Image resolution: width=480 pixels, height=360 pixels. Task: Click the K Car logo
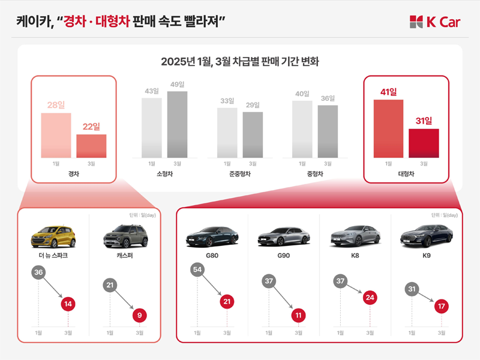435,22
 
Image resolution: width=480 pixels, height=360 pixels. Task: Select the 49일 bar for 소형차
177,124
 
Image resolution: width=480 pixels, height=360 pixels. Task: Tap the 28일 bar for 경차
56,135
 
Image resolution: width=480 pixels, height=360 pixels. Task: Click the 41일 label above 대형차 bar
388,92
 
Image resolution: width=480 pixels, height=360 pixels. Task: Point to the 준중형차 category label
239,174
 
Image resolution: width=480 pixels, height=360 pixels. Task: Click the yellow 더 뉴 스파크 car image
53,236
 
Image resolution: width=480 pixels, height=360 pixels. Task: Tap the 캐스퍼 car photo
125,236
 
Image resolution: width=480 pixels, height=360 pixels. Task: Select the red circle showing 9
139,315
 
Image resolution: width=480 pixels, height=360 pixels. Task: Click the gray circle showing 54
197,270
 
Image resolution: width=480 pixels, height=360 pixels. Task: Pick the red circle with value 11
298,315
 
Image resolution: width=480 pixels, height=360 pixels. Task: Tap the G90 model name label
283,255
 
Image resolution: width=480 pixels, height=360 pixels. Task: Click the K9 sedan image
426,236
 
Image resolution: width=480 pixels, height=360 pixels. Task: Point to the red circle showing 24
370,297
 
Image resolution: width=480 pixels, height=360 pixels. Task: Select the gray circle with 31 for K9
412,289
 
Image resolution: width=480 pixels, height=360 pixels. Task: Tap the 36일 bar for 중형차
328,131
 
